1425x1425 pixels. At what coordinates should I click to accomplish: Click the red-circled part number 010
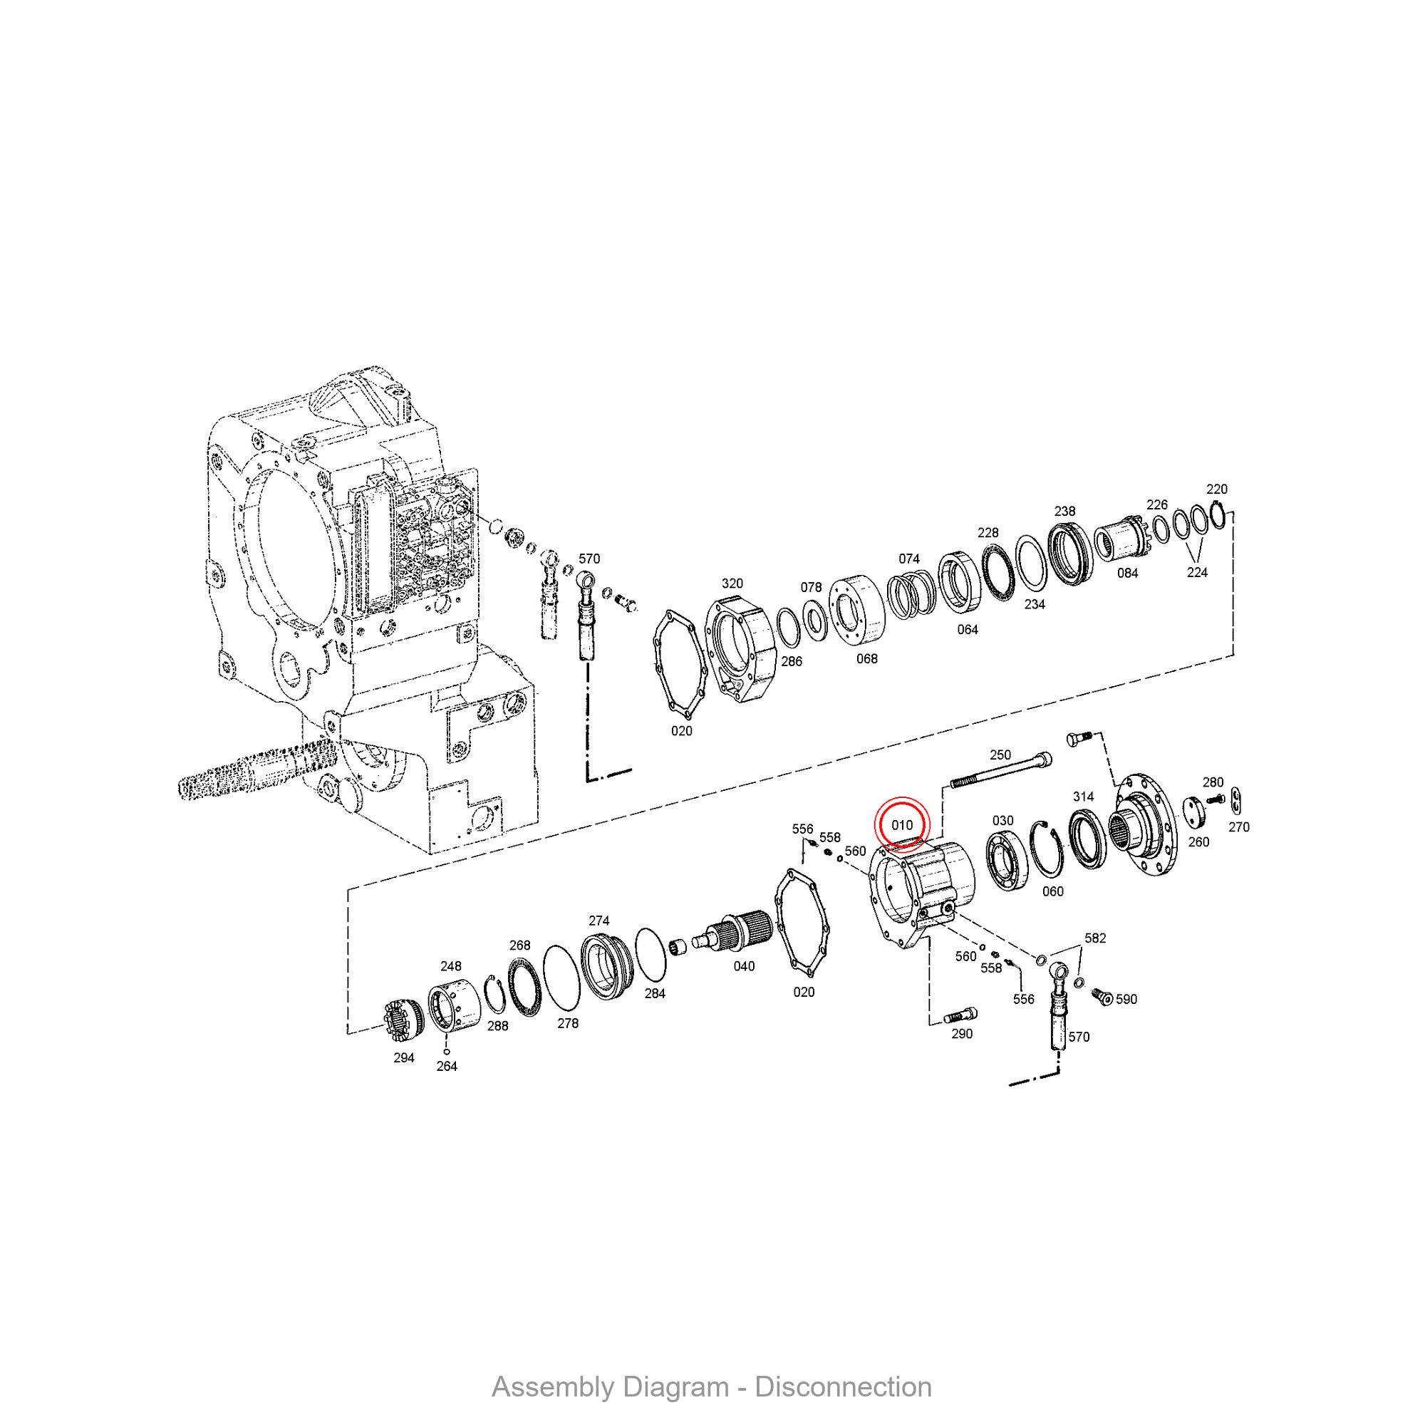click(902, 824)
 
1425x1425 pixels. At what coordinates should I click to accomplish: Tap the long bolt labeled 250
click(1000, 771)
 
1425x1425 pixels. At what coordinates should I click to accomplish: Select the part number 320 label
click(732, 584)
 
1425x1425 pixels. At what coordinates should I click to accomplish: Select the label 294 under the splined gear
click(403, 1057)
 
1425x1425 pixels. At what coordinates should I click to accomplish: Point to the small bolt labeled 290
click(960, 1015)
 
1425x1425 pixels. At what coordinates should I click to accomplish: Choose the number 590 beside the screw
click(1126, 999)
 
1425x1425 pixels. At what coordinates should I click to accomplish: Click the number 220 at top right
click(1216, 489)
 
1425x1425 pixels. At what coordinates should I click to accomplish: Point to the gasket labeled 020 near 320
click(680, 665)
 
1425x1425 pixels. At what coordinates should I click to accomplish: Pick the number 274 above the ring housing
click(599, 921)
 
